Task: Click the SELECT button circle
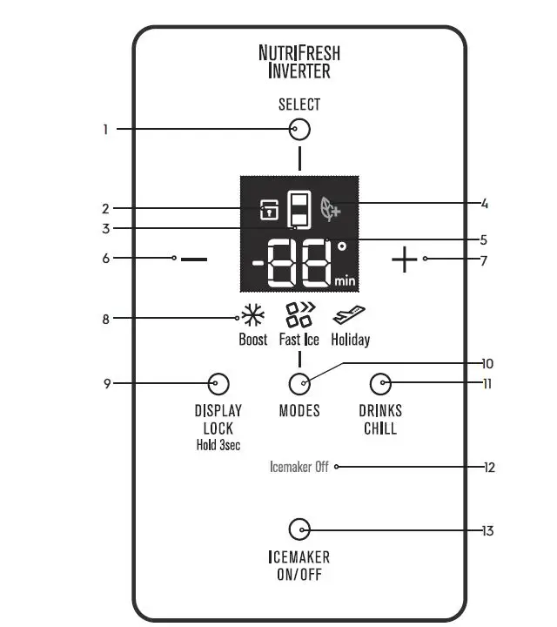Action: tap(299, 130)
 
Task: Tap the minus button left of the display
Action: tap(195, 260)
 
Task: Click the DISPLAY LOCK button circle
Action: tap(218, 383)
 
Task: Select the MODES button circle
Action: tap(299, 383)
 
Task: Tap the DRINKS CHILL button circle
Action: tap(380, 383)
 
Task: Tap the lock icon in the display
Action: tap(269, 210)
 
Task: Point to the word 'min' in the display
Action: tap(344, 280)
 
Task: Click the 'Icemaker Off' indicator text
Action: tap(299, 467)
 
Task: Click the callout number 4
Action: tap(485, 205)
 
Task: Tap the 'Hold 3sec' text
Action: tap(218, 445)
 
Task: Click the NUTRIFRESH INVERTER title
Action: tap(299, 62)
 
